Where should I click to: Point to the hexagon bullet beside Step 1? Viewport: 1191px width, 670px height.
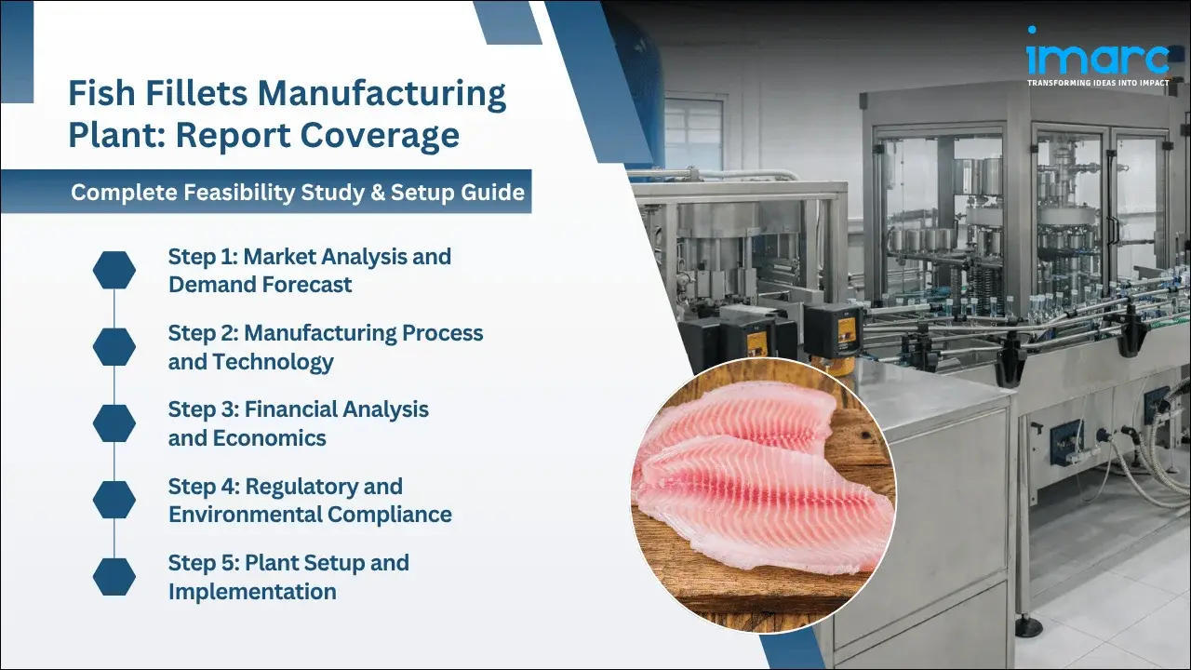coord(114,270)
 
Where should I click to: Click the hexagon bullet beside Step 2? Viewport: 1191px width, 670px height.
coord(114,346)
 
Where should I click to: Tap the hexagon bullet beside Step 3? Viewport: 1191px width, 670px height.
coord(114,422)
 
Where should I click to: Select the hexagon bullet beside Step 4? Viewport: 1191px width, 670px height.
coord(114,500)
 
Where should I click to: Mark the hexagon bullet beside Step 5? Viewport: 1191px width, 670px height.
coord(114,577)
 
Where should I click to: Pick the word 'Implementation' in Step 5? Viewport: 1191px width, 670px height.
coord(252,592)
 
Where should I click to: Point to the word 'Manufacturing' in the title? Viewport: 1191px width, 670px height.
coord(381,94)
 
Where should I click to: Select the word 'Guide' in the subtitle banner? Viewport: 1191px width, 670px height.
coord(496,193)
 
